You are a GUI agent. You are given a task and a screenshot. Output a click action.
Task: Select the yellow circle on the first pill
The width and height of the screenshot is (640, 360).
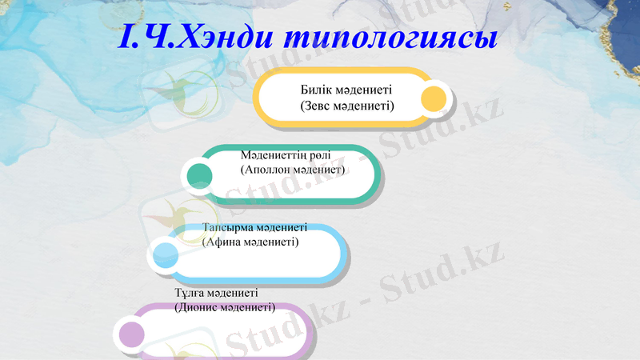[x=433, y=99]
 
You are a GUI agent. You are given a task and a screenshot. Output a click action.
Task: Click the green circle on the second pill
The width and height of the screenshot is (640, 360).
[x=198, y=175]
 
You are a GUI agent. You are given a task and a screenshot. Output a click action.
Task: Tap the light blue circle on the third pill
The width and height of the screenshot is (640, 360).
[x=166, y=255]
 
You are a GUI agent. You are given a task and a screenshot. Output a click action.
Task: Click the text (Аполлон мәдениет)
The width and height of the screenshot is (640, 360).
[x=292, y=170]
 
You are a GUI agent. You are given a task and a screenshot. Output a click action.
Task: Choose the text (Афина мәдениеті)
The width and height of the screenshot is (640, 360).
[x=250, y=241]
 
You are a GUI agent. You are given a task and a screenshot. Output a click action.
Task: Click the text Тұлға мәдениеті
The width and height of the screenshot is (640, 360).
[x=216, y=293]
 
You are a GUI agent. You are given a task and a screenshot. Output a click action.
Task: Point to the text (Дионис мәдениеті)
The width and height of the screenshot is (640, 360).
[x=225, y=307]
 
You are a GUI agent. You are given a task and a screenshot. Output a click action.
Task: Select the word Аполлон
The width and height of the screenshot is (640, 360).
[x=268, y=170]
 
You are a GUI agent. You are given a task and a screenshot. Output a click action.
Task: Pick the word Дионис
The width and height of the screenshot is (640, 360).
[x=198, y=307]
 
